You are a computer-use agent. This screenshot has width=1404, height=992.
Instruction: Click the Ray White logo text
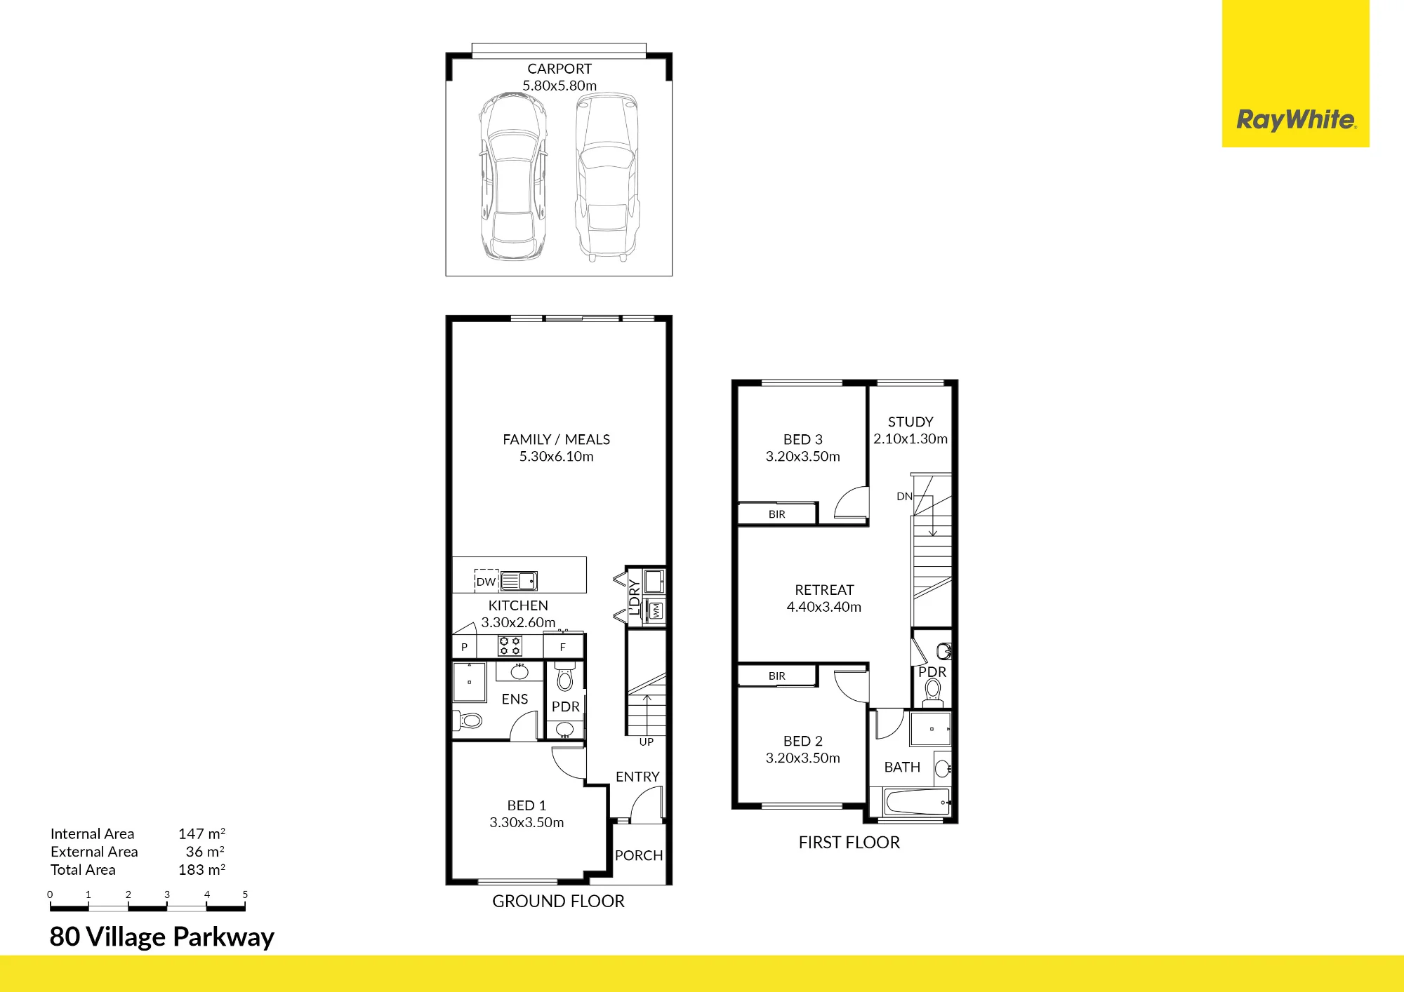(1296, 119)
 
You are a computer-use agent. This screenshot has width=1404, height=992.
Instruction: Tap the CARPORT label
(559, 69)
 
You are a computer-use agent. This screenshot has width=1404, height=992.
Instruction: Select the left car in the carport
(514, 176)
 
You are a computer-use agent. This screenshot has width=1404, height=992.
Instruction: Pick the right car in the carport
(607, 177)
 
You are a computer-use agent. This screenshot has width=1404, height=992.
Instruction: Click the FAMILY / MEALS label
(556, 439)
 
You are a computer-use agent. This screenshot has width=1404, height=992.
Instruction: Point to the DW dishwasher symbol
(486, 581)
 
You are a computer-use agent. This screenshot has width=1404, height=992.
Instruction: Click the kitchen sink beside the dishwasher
(519, 581)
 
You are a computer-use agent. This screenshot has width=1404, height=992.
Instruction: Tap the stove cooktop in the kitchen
(510, 645)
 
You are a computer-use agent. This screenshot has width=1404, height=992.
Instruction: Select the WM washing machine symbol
(656, 610)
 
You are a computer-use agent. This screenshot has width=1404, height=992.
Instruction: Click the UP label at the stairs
(647, 742)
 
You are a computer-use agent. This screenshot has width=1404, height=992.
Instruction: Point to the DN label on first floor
(904, 496)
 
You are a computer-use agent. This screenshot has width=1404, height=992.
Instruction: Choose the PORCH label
(639, 855)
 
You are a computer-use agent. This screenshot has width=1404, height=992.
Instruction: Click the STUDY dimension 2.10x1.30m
(910, 438)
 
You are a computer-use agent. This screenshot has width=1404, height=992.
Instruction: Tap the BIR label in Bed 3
(777, 514)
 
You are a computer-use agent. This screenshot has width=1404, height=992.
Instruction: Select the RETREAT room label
(824, 590)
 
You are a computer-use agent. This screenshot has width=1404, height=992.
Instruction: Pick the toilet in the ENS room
(469, 720)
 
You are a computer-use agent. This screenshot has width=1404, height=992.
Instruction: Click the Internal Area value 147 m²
(201, 833)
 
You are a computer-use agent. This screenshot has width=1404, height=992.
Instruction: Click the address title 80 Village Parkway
(161, 937)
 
